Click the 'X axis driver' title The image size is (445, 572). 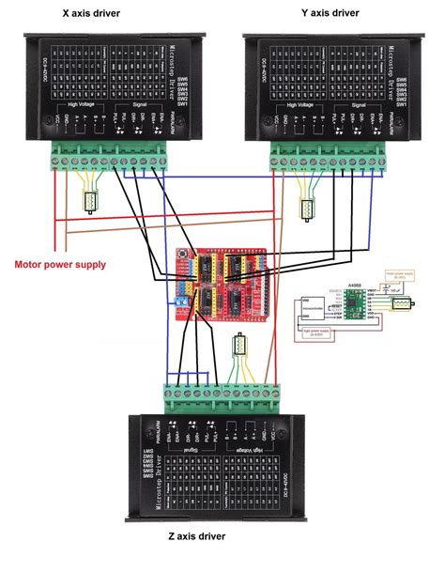[x=97, y=15]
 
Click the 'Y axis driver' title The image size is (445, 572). [x=324, y=15]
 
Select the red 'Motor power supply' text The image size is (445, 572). [x=60, y=264]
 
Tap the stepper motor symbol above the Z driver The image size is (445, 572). [x=238, y=355]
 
